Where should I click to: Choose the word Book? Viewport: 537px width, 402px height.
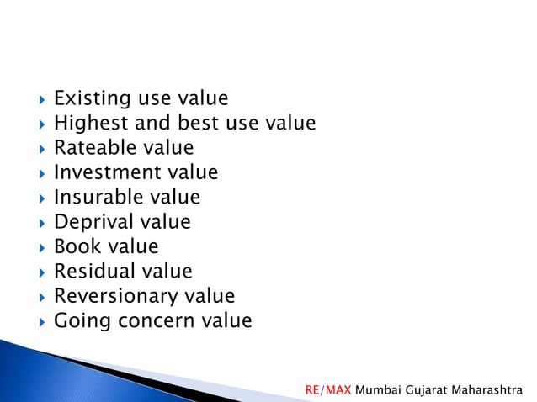72,247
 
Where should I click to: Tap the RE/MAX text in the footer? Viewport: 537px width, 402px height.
328,390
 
